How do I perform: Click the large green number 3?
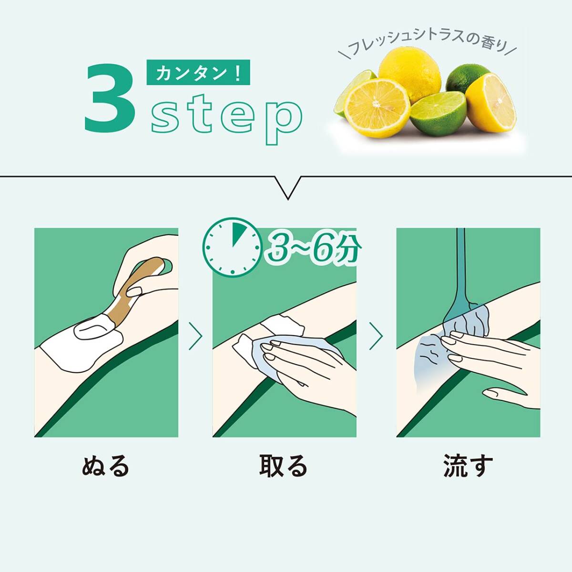110,98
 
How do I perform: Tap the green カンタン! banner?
198,72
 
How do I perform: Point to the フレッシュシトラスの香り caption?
427,44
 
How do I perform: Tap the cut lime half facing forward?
439,113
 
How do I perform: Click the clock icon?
233,247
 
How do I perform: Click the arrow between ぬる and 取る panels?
195,336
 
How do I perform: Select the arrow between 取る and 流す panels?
376,336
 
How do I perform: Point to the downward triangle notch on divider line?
287,187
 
